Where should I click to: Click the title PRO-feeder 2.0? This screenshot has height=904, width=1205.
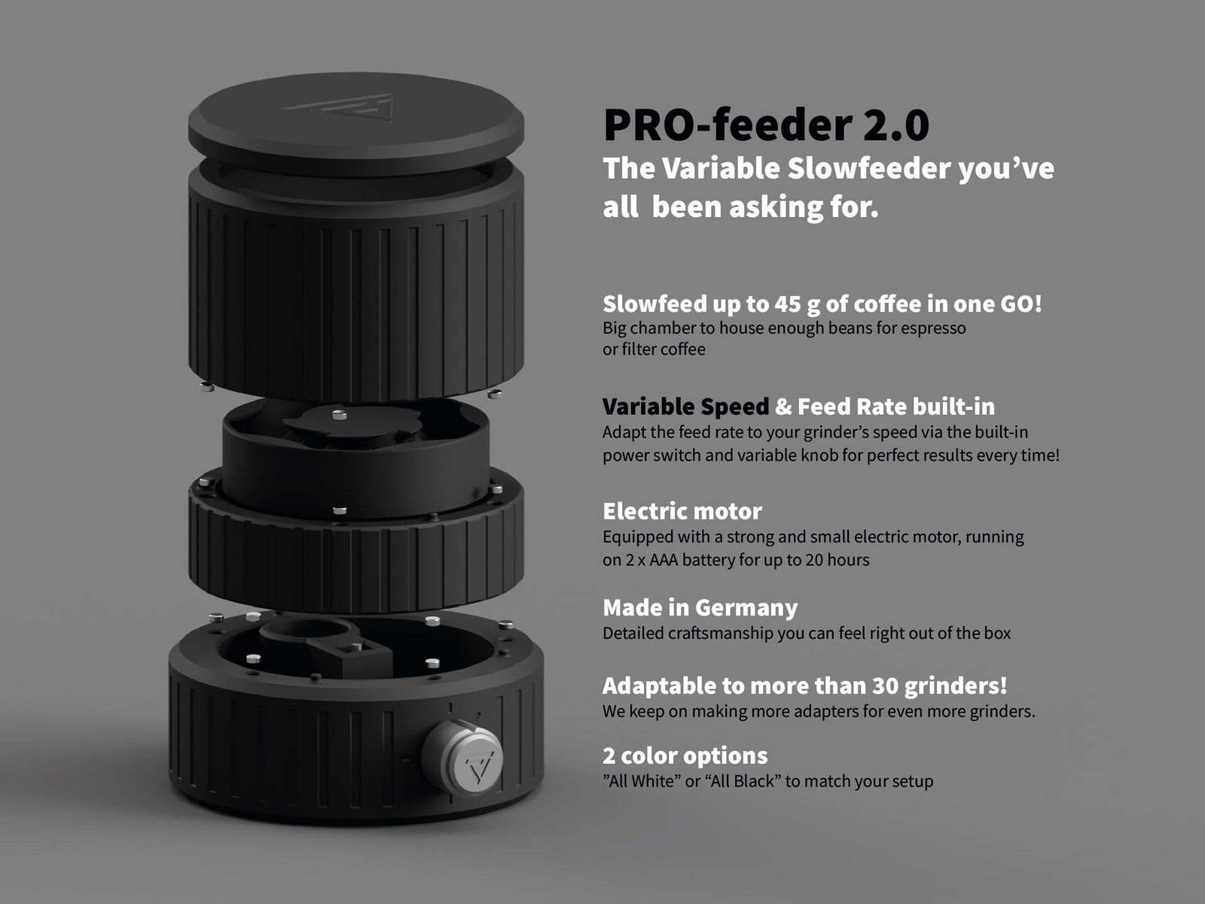point(767,124)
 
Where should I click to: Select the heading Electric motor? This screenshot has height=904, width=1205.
point(682,511)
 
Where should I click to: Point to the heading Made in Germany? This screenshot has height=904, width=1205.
point(700,608)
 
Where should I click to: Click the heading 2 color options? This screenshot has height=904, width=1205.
point(685,756)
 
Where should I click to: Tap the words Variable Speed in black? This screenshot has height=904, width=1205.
point(686,407)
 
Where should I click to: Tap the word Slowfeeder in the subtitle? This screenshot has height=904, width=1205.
point(869,168)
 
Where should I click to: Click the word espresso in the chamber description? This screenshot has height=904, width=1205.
point(934,328)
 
